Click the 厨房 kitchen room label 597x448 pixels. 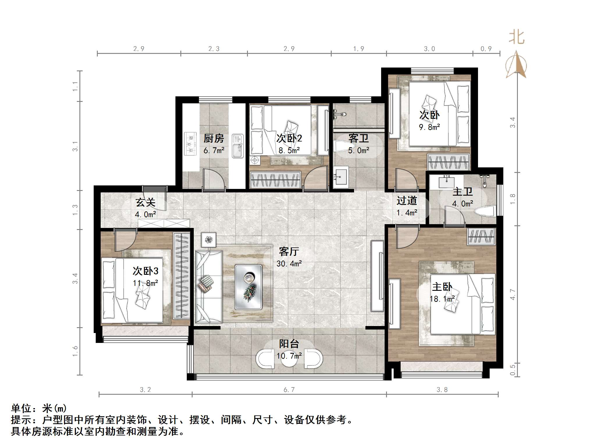(214, 138)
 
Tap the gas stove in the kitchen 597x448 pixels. (191, 144)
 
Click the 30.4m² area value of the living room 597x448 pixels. (289, 264)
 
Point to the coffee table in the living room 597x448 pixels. (248, 287)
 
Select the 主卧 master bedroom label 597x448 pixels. (442, 287)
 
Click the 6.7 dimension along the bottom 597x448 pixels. (289, 390)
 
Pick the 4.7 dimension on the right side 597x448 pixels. (513, 295)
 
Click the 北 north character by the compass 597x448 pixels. (516, 38)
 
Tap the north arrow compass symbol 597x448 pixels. (516, 65)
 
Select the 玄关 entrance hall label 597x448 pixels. (145, 202)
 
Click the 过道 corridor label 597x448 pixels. (407, 201)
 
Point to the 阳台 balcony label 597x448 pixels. (289, 344)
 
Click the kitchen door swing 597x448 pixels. (214, 180)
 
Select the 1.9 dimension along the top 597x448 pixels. (358, 49)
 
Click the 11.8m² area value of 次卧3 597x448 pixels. (145, 283)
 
